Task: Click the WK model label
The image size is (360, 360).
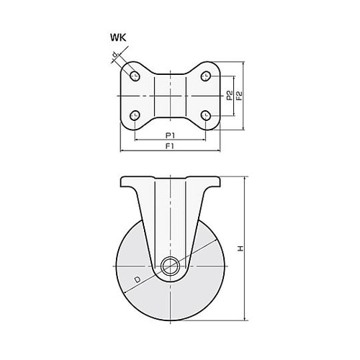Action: pyautogui.click(x=118, y=37)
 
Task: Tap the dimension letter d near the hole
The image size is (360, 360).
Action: pyautogui.click(x=116, y=55)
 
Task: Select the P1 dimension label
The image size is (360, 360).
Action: pyautogui.click(x=171, y=135)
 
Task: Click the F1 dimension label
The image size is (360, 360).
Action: pyautogui.click(x=170, y=146)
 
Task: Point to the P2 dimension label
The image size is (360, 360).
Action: pyautogui.click(x=230, y=95)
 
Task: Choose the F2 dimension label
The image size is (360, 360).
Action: pyautogui.click(x=239, y=96)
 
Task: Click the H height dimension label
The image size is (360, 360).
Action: pyautogui.click(x=240, y=248)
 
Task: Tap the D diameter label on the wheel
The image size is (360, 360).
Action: pyautogui.click(x=137, y=279)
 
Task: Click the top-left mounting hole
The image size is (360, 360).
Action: pyautogui.click(x=135, y=76)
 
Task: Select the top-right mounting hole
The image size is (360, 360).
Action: pyautogui.click(x=206, y=76)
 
